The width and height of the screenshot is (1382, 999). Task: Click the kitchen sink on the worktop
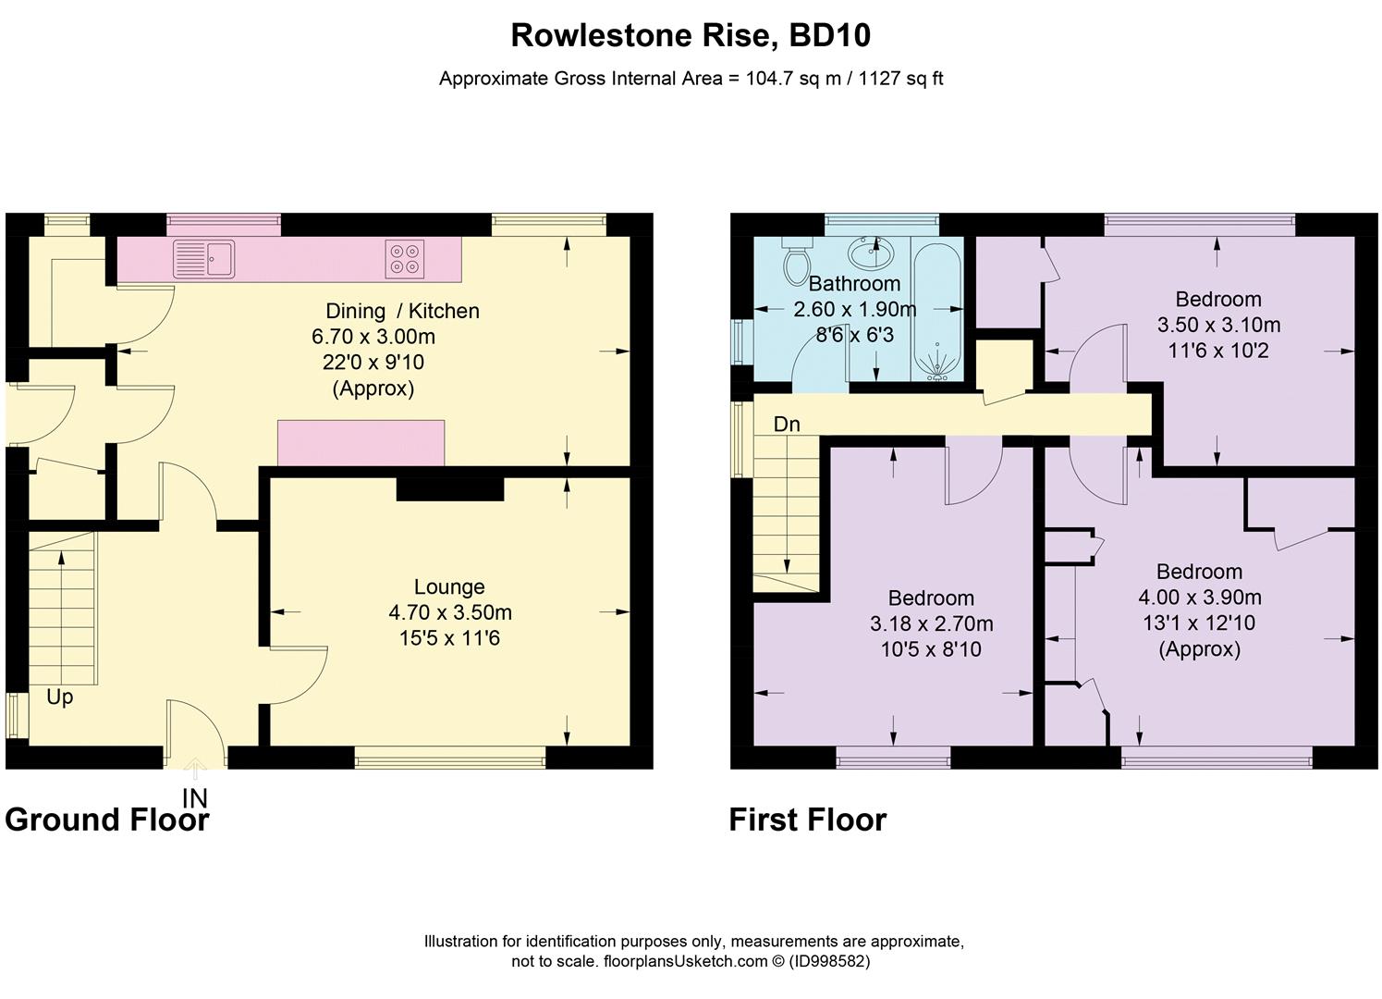tap(204, 258)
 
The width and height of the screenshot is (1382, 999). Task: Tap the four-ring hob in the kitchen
tap(405, 259)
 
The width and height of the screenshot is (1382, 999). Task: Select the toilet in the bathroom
tap(795, 264)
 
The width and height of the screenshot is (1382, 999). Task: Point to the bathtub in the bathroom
tap(937, 309)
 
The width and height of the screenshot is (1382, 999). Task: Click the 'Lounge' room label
tap(449, 586)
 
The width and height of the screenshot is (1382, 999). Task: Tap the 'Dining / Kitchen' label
tap(402, 311)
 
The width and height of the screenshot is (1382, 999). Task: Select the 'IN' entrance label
tap(195, 797)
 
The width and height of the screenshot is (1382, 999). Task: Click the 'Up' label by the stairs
tap(59, 697)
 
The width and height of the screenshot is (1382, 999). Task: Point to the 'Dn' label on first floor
tap(787, 424)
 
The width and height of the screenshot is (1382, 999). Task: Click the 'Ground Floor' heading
tap(107, 820)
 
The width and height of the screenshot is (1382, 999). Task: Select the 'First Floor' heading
tap(807, 820)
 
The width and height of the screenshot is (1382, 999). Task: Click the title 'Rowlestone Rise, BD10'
tap(691, 35)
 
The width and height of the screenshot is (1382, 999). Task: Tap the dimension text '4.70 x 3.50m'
tap(450, 612)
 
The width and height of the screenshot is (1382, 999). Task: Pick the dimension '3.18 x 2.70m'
tap(931, 623)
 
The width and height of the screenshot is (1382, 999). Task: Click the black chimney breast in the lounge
tap(450, 488)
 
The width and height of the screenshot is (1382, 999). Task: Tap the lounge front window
tap(450, 760)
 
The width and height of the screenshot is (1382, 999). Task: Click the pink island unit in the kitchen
tap(361, 443)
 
